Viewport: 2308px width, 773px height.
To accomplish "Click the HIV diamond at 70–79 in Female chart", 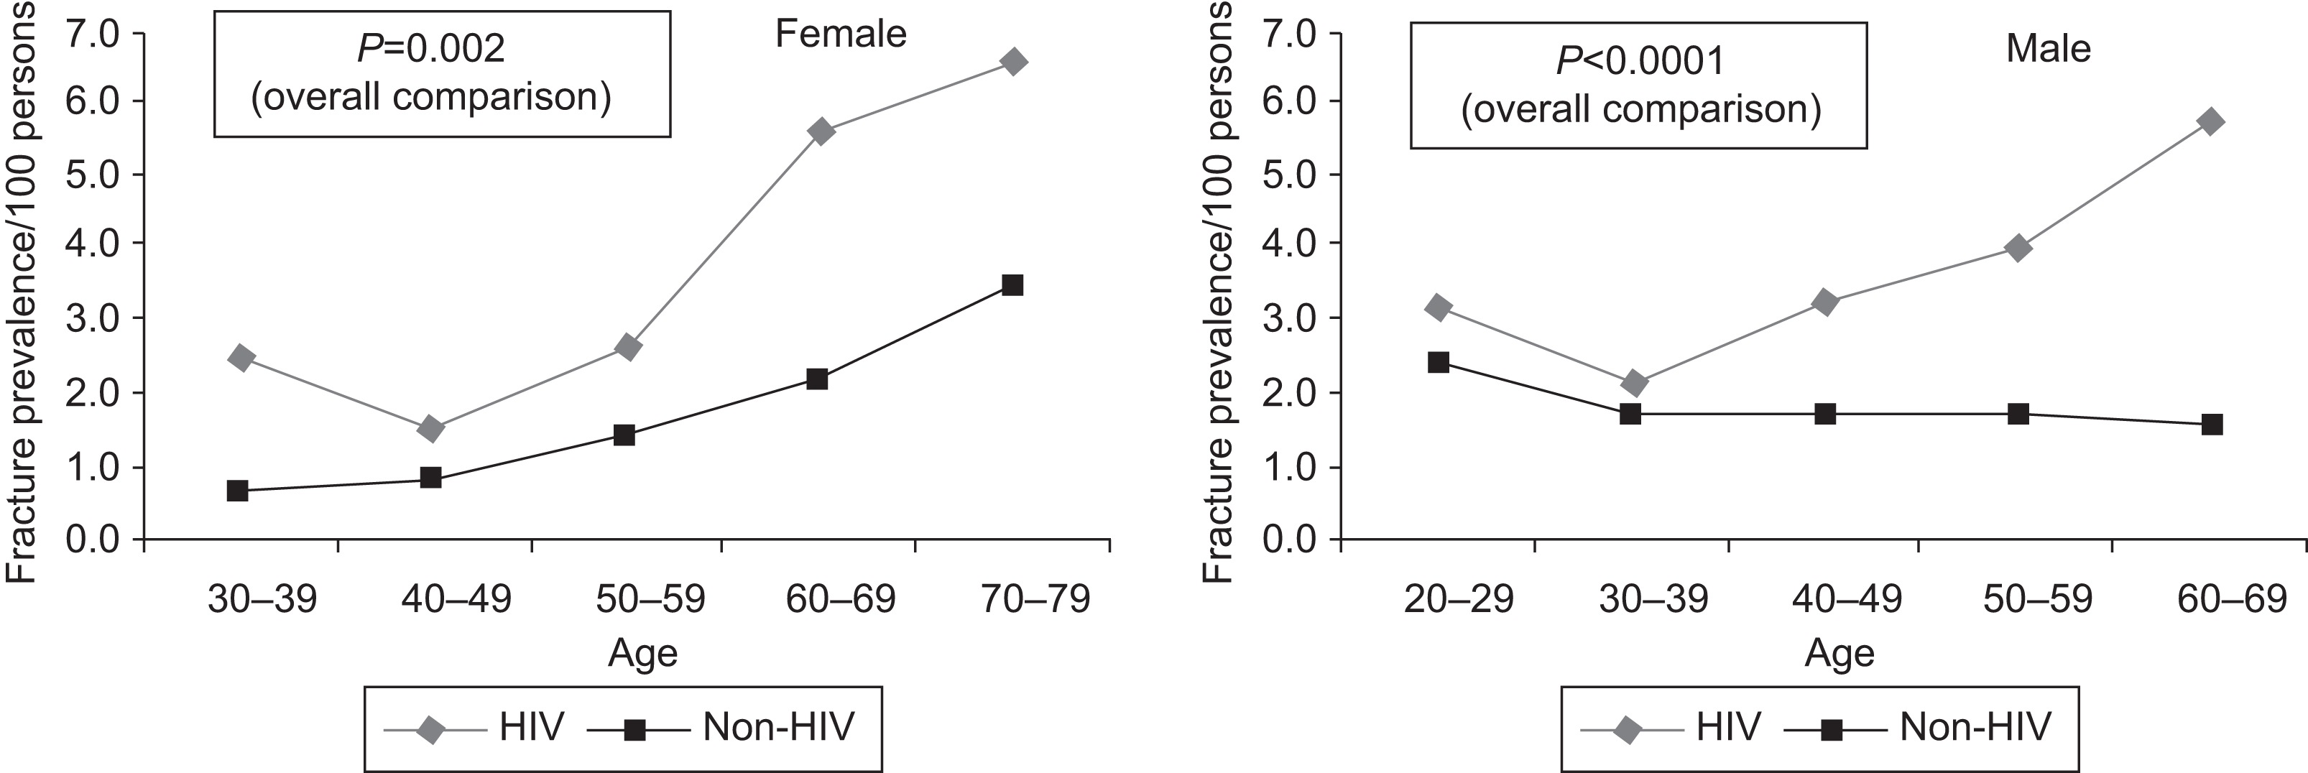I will pyautogui.click(x=1013, y=62).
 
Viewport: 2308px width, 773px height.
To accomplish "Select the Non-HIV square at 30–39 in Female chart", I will pyautogui.click(x=237, y=490).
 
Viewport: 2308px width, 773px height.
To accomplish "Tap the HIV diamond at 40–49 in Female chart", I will pyautogui.click(x=430, y=429).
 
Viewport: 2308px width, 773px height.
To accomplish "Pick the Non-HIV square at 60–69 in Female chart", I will pyautogui.click(x=817, y=379).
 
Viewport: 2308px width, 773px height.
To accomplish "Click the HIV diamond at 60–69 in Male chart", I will pyautogui.click(x=2210, y=121).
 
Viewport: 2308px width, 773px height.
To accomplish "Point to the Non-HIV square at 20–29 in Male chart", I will pyautogui.click(x=1439, y=362).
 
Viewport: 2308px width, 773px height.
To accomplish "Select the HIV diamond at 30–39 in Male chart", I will pyautogui.click(x=1633, y=384).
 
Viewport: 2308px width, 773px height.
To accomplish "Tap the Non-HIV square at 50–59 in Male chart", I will pyautogui.click(x=2018, y=414).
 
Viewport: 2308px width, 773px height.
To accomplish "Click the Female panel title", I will pyautogui.click(x=841, y=34).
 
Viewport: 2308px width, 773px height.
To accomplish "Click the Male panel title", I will pyautogui.click(x=2048, y=48).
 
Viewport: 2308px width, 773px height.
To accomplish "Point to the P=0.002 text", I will pyautogui.click(x=431, y=48).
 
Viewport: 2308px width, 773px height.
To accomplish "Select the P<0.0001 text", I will pyautogui.click(x=1640, y=61).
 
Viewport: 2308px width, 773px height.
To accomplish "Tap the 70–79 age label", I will pyautogui.click(x=1035, y=598).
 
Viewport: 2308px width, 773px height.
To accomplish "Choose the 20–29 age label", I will pyautogui.click(x=1459, y=598).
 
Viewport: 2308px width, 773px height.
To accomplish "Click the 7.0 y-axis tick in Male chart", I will pyautogui.click(x=1287, y=34).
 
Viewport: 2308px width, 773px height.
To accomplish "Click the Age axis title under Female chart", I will pyautogui.click(x=642, y=653).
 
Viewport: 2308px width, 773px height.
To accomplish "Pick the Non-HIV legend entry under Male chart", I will pyautogui.click(x=1974, y=726).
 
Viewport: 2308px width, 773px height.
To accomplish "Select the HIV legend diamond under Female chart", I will pyautogui.click(x=430, y=730).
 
